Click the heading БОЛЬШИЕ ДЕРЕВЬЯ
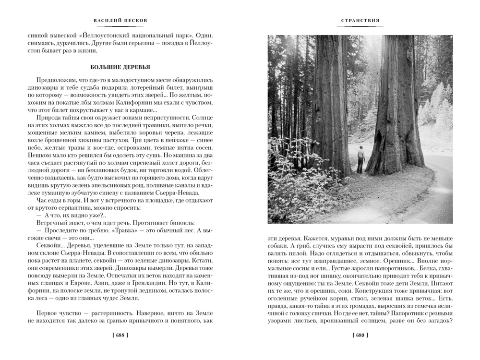click(120, 67)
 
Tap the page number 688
click(120, 336)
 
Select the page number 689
click(360, 336)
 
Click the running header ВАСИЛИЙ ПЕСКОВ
click(120, 21)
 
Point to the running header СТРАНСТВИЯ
click(360, 21)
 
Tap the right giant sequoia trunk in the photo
click(394, 110)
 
